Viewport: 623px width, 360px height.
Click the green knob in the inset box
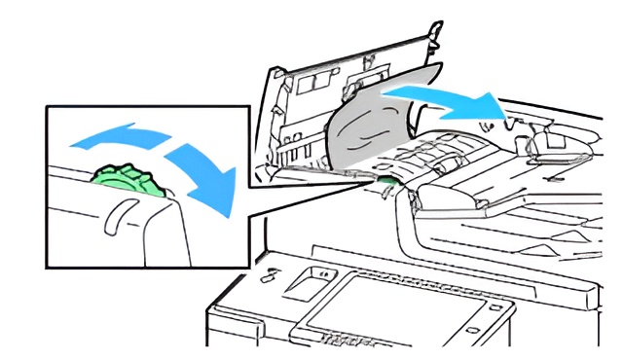[121, 184]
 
